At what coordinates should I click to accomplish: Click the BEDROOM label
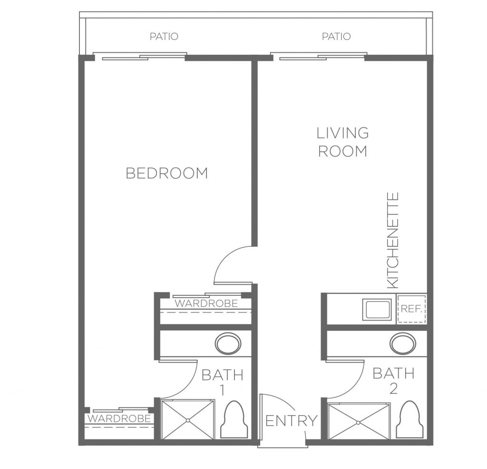point(167,173)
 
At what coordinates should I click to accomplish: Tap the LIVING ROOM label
point(342,142)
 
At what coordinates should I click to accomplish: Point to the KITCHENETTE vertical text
point(392,240)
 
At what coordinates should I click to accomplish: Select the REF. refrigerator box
point(411,309)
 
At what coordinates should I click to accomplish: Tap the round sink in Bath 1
point(228,344)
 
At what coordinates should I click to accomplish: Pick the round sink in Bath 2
point(403,344)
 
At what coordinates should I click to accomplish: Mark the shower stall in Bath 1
point(188,420)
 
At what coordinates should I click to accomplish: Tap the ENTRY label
point(292,421)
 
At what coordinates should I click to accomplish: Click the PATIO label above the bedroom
point(164,37)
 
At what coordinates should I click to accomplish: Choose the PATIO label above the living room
point(336,37)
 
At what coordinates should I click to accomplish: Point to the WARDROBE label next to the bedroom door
point(206,303)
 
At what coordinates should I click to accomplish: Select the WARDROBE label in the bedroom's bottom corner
point(119,419)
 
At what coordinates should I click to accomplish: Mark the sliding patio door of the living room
point(318,57)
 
